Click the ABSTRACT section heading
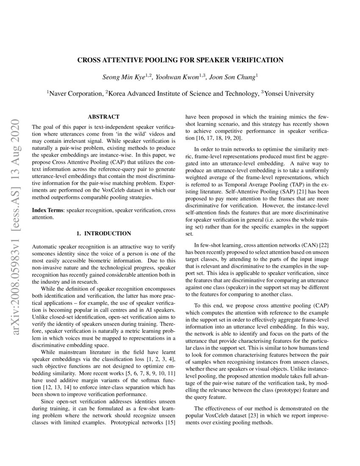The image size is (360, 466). coord(103,116)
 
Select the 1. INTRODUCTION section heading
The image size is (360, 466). coord(103,233)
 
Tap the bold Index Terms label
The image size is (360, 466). coord(48,210)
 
